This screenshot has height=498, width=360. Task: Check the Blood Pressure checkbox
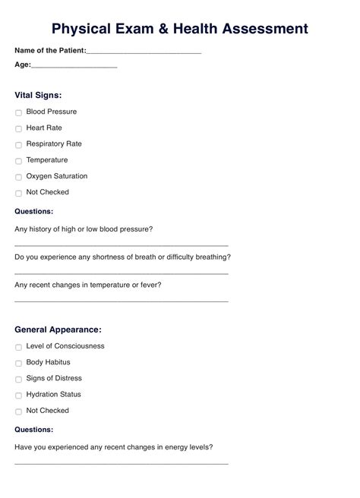coord(18,112)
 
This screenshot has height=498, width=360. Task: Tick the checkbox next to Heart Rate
coord(18,128)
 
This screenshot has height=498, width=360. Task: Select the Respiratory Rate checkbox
coord(18,144)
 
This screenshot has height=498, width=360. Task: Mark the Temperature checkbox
coord(18,161)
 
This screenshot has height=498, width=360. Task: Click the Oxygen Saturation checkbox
coord(18,177)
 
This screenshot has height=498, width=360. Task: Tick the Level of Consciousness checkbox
coord(18,347)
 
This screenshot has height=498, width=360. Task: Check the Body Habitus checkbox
coord(18,363)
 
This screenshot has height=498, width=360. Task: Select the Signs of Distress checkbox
coord(18,379)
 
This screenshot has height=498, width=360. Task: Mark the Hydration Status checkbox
coord(18,396)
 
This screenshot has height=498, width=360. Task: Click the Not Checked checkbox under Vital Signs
coord(18,193)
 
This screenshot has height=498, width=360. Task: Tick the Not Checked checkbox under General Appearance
coord(18,411)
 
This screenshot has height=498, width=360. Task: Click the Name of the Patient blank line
coord(144,52)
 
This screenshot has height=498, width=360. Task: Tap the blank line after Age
coord(74,66)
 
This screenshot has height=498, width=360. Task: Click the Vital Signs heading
coord(38,96)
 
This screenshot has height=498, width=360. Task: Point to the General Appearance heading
coord(58,330)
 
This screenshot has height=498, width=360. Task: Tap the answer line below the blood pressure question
coord(122,244)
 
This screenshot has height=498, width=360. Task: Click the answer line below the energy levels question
coord(122,462)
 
